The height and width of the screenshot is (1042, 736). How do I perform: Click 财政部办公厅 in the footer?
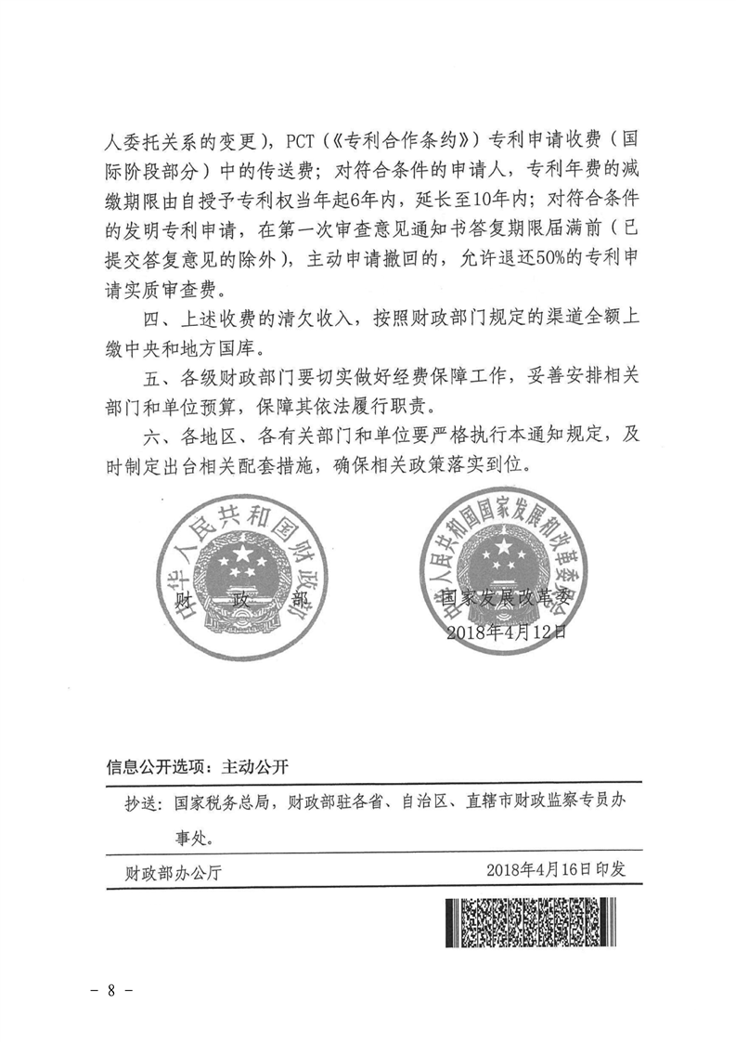(x=172, y=871)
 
